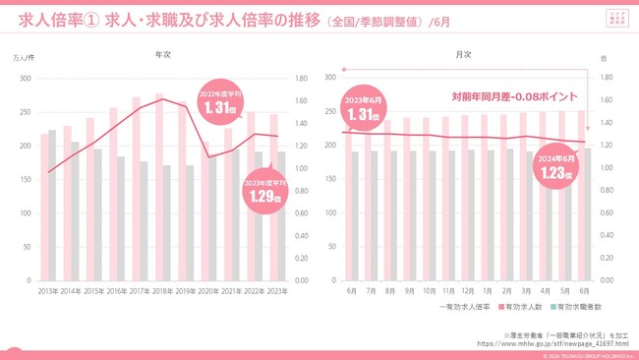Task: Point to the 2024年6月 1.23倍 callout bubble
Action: (x=556, y=167)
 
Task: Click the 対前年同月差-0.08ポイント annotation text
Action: (x=513, y=97)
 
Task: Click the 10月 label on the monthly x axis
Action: (x=429, y=291)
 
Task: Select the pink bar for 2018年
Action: (x=158, y=187)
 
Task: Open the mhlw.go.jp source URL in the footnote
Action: (x=552, y=343)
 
